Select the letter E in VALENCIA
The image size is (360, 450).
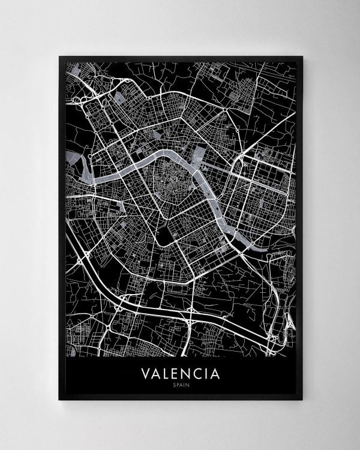pos(176,374)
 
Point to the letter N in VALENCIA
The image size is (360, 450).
pos(187,374)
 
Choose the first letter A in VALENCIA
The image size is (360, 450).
pos(156,374)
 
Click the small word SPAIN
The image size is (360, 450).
pos(180,385)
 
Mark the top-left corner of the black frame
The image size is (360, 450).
pos(59,57)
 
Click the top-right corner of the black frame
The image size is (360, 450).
pos(302,57)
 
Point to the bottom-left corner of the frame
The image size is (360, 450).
pos(59,400)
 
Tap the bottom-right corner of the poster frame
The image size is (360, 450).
pos(302,400)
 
